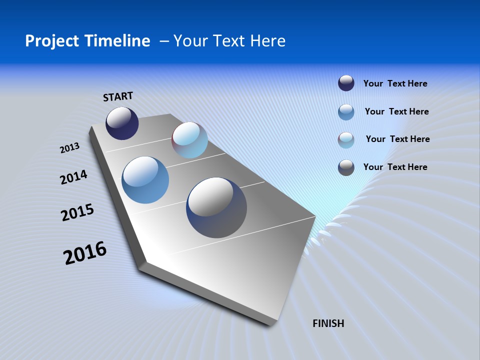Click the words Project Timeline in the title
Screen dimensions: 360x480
coord(87,41)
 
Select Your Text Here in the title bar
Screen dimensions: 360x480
coord(229,41)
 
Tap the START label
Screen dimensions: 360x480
coord(118,96)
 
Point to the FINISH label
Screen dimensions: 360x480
coord(328,323)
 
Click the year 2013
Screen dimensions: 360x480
coord(70,148)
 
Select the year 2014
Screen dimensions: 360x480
coord(73,177)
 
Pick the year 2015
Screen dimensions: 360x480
coord(77,212)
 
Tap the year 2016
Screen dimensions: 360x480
coord(85,253)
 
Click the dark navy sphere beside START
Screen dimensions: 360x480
coord(122,123)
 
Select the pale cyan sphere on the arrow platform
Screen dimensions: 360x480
coord(189,140)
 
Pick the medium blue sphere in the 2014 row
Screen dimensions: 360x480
coord(145,180)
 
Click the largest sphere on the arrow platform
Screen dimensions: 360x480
coord(216,207)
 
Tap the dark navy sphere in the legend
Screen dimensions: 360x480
coord(346,83)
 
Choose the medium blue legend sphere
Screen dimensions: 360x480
coord(346,112)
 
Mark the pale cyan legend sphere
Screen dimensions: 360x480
coord(346,140)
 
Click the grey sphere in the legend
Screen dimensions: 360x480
coord(346,167)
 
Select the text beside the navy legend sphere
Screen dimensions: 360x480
coord(395,83)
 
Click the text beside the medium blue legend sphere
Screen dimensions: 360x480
coord(396,111)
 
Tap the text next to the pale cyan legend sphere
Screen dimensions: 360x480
coord(397,139)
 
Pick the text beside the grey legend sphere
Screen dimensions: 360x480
coord(395,167)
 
